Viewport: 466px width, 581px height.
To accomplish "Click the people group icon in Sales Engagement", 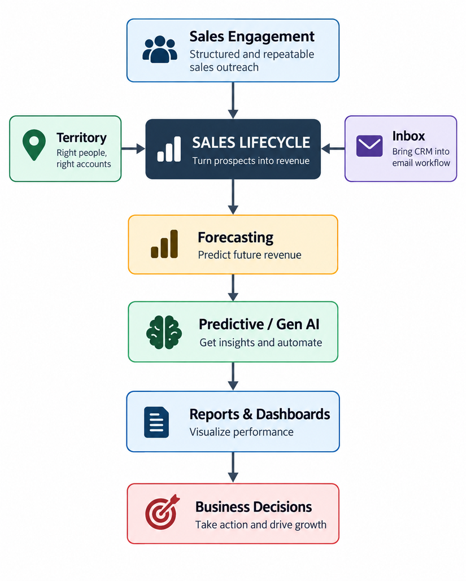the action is click(x=160, y=49).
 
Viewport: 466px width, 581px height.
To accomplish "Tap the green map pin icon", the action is click(x=34, y=145).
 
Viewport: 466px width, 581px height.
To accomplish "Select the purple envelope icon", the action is click(x=369, y=146).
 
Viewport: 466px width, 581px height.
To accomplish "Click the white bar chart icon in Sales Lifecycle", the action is click(x=169, y=149).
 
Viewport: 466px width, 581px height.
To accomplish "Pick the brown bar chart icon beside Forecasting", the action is click(x=164, y=244).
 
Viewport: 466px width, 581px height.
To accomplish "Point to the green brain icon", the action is click(x=164, y=332).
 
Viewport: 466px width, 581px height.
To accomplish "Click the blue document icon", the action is click(x=156, y=422).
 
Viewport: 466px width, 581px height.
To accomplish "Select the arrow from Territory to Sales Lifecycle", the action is click(x=133, y=148).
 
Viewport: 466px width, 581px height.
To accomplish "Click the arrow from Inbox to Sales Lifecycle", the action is click(x=333, y=148).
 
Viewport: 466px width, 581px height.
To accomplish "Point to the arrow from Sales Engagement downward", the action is click(x=233, y=100).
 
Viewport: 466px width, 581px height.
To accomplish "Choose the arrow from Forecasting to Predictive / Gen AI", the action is click(x=233, y=287).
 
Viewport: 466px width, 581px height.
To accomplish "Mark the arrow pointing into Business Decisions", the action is click(x=233, y=468).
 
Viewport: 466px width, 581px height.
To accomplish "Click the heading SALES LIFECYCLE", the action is click(x=251, y=143).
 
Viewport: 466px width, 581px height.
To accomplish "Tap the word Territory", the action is click(x=81, y=138).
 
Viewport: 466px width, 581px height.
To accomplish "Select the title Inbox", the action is click(x=408, y=136).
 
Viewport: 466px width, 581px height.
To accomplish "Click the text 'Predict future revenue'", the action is click(x=250, y=255).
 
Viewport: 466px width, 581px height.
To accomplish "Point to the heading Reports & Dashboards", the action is click(x=259, y=414).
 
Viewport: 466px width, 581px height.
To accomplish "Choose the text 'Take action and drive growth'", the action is click(x=261, y=525).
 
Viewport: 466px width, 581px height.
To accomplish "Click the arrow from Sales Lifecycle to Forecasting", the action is click(x=233, y=196).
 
